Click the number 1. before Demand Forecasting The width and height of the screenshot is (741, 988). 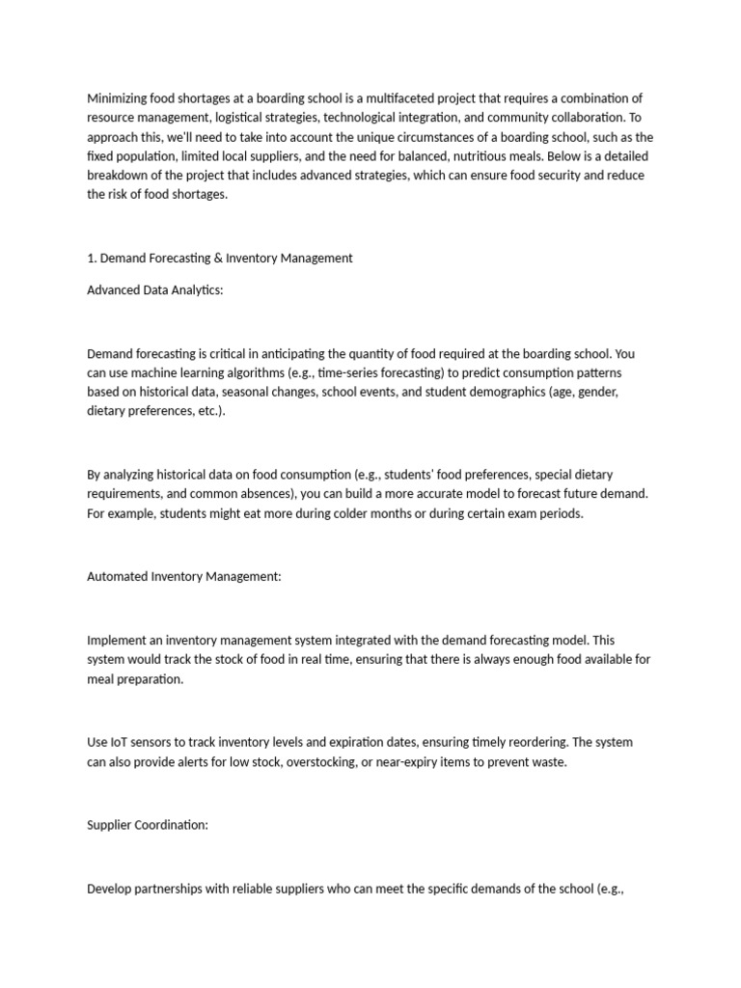click(x=92, y=258)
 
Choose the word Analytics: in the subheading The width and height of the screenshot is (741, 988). click(x=193, y=290)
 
